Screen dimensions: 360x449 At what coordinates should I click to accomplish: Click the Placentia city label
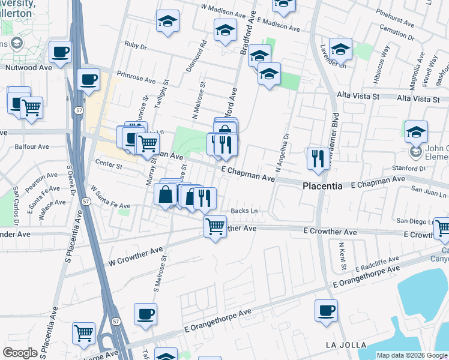322,187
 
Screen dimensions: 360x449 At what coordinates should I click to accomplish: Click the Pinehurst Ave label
395,20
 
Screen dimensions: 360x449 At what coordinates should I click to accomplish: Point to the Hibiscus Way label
379,58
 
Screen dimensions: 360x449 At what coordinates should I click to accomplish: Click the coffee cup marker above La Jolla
326,311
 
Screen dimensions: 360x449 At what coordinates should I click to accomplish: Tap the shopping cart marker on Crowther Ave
215,227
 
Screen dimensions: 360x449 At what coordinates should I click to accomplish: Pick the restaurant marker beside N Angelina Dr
317,158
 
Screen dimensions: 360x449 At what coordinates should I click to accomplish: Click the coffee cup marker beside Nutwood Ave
60,52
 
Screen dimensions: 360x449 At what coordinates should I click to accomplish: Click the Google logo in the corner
20,353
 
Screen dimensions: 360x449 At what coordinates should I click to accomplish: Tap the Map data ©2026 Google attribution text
412,355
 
